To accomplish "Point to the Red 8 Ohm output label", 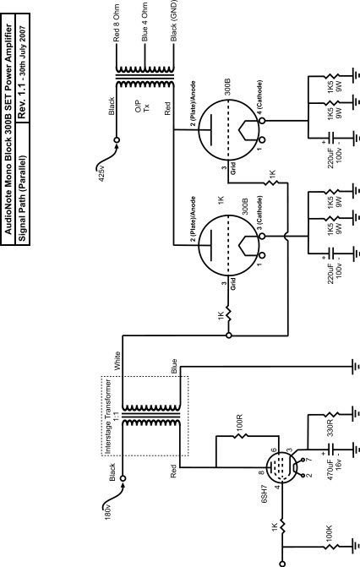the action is point(116,23).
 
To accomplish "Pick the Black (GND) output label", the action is point(174,20).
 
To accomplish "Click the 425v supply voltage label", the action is point(102,173).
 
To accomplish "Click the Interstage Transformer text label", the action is point(108,417).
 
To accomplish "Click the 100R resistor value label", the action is point(239,423).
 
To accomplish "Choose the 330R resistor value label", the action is point(330,428).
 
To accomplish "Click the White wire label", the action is point(117,361).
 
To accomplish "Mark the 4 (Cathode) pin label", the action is point(260,98).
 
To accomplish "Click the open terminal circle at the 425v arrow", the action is point(117,140).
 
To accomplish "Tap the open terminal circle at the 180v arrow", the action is point(123,478).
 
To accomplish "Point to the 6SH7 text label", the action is point(265,494).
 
